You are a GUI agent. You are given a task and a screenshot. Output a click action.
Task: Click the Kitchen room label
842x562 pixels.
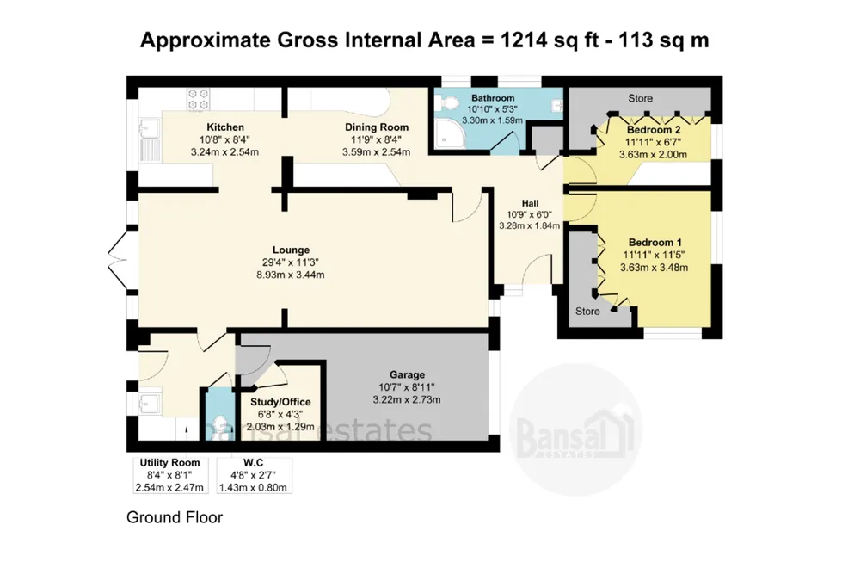click(x=225, y=127)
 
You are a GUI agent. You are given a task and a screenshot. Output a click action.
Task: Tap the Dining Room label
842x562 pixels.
click(x=377, y=127)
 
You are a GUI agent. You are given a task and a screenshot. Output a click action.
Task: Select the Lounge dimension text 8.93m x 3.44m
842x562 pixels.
click(x=291, y=275)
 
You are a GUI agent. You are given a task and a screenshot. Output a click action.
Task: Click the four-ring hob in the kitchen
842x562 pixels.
click(x=198, y=99)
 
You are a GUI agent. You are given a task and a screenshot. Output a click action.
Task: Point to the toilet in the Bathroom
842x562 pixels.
click(x=446, y=102)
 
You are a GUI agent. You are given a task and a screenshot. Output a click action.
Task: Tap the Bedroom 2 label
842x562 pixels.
click(x=654, y=130)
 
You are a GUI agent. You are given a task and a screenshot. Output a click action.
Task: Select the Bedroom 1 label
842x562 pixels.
click(x=655, y=243)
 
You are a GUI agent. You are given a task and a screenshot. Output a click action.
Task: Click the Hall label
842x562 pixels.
click(x=530, y=203)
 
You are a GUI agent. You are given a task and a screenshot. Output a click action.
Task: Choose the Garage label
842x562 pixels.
click(x=407, y=374)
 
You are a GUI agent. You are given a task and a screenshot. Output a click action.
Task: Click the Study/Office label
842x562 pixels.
click(x=280, y=402)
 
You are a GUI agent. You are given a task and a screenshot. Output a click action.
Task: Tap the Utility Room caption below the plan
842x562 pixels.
click(x=169, y=463)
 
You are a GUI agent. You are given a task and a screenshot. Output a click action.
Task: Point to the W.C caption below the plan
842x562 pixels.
click(x=253, y=463)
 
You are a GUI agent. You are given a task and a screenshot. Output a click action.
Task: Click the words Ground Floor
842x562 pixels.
click(x=175, y=517)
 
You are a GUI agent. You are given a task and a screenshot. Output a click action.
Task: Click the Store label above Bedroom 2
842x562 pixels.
click(x=641, y=98)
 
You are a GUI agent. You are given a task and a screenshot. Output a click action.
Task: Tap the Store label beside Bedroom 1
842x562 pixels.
click(x=587, y=311)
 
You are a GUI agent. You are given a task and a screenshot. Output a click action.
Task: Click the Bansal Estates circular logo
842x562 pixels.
click(x=576, y=427)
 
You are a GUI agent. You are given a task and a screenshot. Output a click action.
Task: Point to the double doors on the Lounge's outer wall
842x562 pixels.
click(x=119, y=261)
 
